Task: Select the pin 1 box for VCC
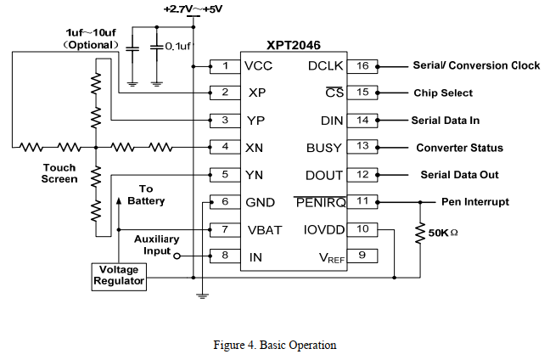225,66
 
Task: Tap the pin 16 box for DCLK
362,66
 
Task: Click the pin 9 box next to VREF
362,256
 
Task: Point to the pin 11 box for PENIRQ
362,202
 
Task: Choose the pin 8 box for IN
225,256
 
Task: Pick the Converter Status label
459,148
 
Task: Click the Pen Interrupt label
475,202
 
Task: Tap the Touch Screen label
59,174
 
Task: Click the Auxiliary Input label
156,245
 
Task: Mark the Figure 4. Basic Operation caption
274,346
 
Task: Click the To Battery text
146,195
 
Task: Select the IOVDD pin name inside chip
323,229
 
